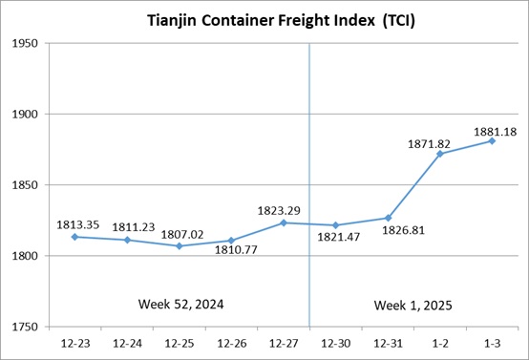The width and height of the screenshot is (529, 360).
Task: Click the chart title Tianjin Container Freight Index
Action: [x=281, y=21]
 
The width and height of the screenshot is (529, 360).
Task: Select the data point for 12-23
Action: [x=74, y=237]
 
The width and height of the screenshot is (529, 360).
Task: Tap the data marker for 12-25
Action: [x=180, y=246]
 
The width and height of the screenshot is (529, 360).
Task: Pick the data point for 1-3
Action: [x=492, y=140]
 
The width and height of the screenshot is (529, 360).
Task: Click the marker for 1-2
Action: [x=440, y=154]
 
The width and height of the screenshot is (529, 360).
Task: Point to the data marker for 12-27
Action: [x=284, y=222]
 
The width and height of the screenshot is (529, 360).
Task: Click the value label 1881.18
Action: [x=495, y=132]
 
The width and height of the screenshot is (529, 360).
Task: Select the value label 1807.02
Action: [x=182, y=235]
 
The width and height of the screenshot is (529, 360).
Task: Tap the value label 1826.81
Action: [x=403, y=230]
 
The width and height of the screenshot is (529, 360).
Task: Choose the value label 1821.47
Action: [x=338, y=237]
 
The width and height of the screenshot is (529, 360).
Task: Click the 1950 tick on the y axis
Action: [x=25, y=43]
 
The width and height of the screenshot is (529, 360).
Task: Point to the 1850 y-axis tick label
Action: [x=25, y=185]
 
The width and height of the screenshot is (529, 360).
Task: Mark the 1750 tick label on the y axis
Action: [x=25, y=327]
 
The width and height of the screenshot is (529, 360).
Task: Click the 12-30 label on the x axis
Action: [x=336, y=344]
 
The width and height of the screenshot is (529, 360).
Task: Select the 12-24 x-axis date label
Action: [x=127, y=344]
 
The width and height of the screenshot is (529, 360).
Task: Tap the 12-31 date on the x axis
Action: [x=388, y=344]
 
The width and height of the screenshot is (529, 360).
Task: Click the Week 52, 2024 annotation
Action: [x=180, y=305]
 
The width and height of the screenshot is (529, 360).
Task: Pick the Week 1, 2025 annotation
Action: [x=413, y=306]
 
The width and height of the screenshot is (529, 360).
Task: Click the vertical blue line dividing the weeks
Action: [x=309, y=185]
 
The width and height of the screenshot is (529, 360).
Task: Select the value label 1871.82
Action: [x=429, y=144]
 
